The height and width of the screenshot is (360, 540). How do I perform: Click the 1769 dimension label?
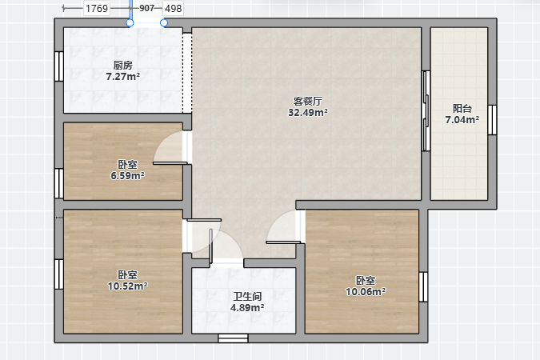[x=97, y=8]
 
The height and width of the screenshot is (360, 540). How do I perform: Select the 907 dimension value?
[x=146, y=8]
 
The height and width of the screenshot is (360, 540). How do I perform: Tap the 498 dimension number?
[x=173, y=8]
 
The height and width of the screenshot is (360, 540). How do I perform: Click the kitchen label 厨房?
[x=123, y=65]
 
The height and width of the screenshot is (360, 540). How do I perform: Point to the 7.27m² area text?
[x=123, y=76]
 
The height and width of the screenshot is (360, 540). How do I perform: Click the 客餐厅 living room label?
[x=308, y=102]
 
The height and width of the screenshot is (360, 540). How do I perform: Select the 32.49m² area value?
[x=308, y=112]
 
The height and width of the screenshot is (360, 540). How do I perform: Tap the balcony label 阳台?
[x=462, y=109]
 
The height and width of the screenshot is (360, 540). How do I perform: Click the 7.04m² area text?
[x=462, y=119]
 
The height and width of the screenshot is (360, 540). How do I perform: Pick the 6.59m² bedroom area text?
[x=127, y=176]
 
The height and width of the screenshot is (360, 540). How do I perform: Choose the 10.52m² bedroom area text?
[x=127, y=286]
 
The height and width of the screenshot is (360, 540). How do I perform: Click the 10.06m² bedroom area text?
[x=366, y=292]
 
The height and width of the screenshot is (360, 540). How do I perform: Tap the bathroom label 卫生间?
[x=247, y=297]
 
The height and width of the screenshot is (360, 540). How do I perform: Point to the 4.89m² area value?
[x=247, y=308]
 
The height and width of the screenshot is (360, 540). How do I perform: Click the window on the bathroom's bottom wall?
[x=233, y=338]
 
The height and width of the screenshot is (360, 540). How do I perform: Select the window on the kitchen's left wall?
[x=59, y=66]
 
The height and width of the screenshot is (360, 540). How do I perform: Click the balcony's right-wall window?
[x=492, y=120]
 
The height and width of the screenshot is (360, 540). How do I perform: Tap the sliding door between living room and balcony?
[x=426, y=111]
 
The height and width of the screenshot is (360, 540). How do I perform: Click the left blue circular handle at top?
[x=130, y=22]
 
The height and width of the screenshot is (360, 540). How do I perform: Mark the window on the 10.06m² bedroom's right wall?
[x=423, y=287]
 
